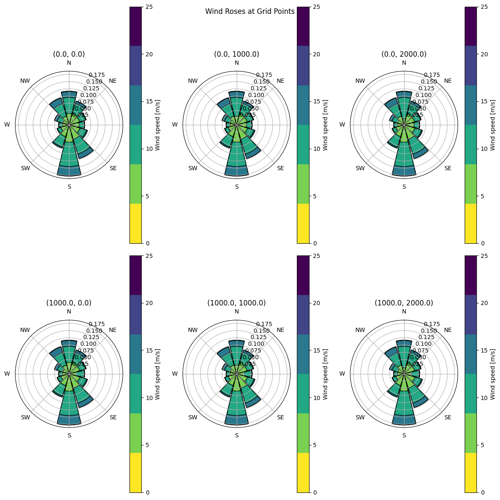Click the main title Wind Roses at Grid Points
tap(250, 12)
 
